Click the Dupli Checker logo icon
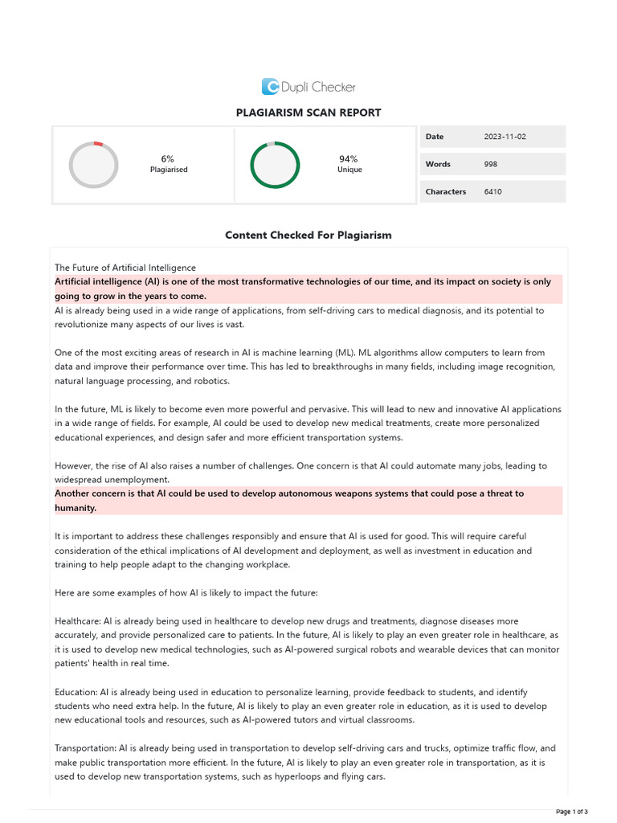click(x=271, y=87)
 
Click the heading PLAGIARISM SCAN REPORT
click(x=308, y=113)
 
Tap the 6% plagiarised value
click(x=168, y=159)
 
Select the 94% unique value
click(x=349, y=159)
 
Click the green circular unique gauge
click(x=275, y=165)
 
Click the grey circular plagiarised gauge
click(x=94, y=165)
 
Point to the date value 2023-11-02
click(x=505, y=137)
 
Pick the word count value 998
click(x=491, y=164)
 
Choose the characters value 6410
click(x=493, y=192)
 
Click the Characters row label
click(x=446, y=192)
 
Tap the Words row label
click(x=438, y=164)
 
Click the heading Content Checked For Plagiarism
click(x=308, y=235)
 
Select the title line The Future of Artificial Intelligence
click(x=125, y=268)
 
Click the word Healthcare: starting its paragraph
click(x=76, y=621)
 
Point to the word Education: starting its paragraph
click(x=76, y=692)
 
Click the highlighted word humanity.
click(x=76, y=509)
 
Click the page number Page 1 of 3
click(x=572, y=811)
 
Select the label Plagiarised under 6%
click(x=169, y=170)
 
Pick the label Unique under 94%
click(x=349, y=170)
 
